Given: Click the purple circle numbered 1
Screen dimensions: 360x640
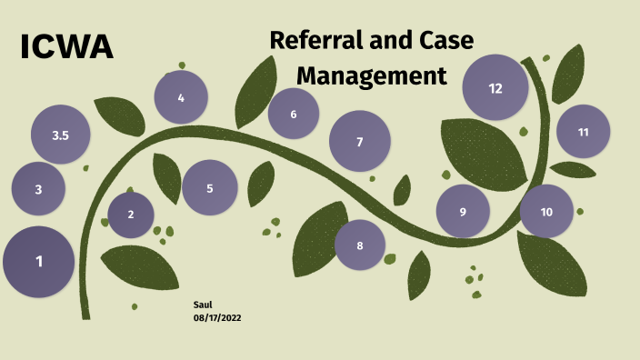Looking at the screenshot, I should pos(39,262).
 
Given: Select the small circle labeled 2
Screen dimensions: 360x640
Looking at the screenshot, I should pos(131,215).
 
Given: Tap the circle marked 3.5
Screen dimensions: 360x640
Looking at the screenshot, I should pos(61,135).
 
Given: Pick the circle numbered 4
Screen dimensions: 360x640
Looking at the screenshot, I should pos(181,97).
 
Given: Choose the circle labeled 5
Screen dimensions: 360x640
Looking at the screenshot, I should pos(210,188).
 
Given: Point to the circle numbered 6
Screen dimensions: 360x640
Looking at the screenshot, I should pos(294,115).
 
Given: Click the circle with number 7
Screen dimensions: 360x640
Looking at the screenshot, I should pos(360,142).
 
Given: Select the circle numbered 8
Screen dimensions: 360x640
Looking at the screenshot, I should pos(360,245).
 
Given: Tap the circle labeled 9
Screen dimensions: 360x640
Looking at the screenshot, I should pos(463,212).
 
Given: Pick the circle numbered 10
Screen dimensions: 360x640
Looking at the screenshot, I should pos(546,212).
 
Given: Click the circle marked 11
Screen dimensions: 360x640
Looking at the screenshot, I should pos(584,132).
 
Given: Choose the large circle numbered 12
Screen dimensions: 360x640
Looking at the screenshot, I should pos(495,88).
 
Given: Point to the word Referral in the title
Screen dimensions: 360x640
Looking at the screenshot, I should pos(315,41).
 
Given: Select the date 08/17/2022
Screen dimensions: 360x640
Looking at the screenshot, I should pos(217,317).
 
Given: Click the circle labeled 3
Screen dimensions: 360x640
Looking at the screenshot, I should pos(38,190).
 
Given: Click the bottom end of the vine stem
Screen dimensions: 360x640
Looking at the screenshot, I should pos(85,314).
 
